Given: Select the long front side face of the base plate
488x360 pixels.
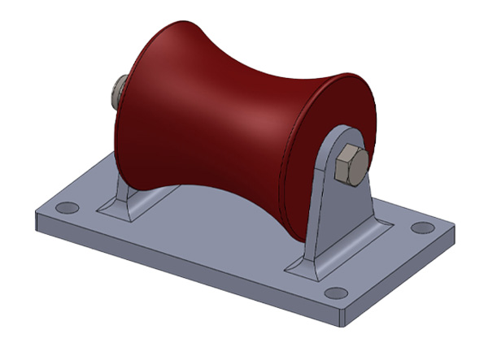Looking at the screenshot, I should [x=187, y=268].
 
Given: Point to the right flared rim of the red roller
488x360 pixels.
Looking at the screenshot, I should [x=358, y=98].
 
